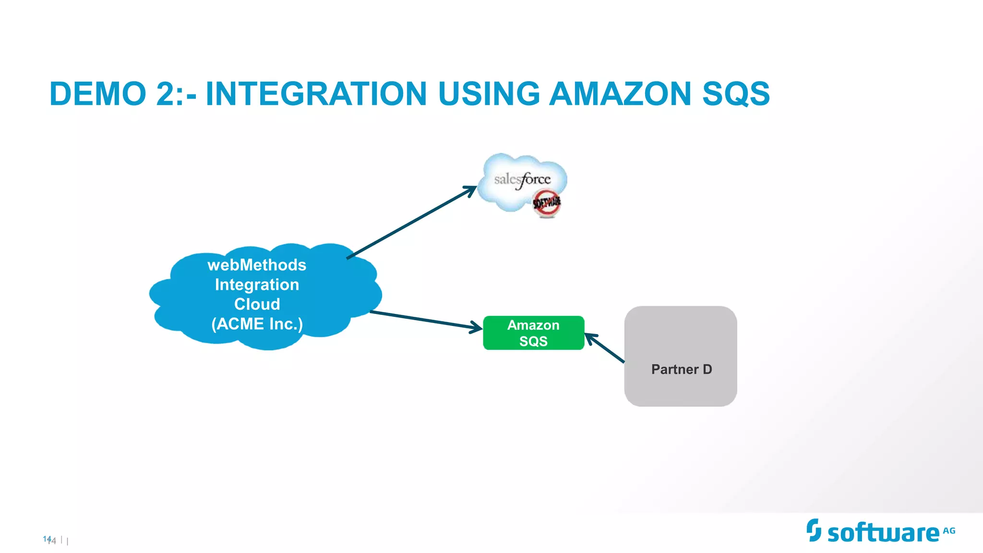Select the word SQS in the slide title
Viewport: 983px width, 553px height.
click(736, 94)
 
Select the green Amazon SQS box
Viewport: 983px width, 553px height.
click(533, 333)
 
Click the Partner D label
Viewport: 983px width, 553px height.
click(681, 369)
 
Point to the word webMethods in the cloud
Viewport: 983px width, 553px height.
click(257, 265)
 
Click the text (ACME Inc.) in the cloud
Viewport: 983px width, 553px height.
click(257, 324)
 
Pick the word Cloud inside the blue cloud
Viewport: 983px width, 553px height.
click(257, 304)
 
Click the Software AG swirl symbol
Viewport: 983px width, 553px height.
click(814, 530)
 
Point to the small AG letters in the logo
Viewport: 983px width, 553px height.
click(949, 531)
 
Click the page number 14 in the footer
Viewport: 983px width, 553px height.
click(49, 540)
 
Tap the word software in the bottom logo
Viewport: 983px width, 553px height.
click(883, 533)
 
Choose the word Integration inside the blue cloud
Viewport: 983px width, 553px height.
click(257, 285)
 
